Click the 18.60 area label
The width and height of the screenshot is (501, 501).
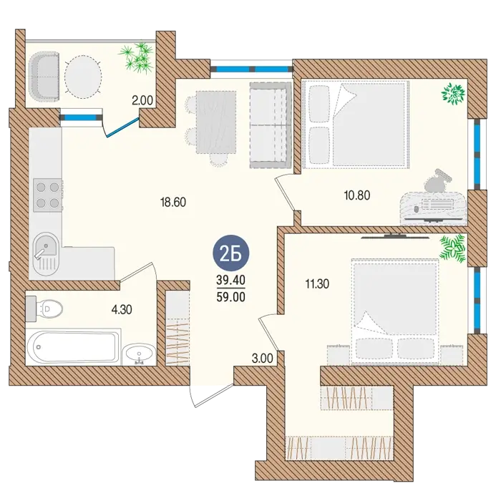pyautogui.click(x=173, y=203)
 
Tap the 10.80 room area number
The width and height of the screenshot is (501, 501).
pyautogui.click(x=357, y=195)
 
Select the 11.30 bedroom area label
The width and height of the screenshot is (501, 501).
pyautogui.click(x=317, y=283)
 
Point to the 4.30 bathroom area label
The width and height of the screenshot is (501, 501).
pyautogui.click(x=122, y=310)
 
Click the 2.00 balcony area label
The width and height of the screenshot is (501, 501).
pyautogui.click(x=142, y=101)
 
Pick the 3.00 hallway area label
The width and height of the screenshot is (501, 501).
pyautogui.click(x=263, y=359)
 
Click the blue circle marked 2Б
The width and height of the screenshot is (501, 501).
pyautogui.click(x=230, y=253)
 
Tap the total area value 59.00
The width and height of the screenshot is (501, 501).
pyautogui.click(x=230, y=297)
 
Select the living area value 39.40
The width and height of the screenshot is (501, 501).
pyautogui.click(x=230, y=281)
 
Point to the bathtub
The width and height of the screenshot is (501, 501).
pyautogui.click(x=73, y=346)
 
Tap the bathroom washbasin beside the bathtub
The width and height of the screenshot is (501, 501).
pyautogui.click(x=139, y=354)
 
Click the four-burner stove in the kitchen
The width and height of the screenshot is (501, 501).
pyautogui.click(x=47, y=195)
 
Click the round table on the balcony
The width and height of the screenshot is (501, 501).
pyautogui.click(x=83, y=77)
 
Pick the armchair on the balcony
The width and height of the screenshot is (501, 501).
pyautogui.click(x=44, y=77)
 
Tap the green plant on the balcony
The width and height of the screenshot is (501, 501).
pyautogui.click(x=137, y=57)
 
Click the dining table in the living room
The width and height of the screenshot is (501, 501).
pyautogui.click(x=216, y=122)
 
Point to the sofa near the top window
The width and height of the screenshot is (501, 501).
pyautogui.click(x=271, y=125)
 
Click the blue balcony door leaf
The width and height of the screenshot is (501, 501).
pyautogui.click(x=122, y=127)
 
